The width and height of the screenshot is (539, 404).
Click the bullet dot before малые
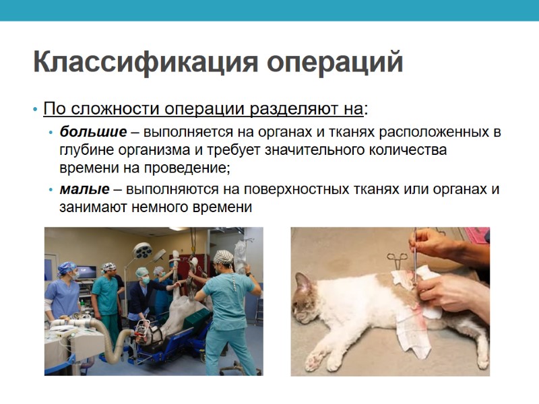pos(52,190)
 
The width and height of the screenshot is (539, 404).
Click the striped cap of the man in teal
pos(223,257)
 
